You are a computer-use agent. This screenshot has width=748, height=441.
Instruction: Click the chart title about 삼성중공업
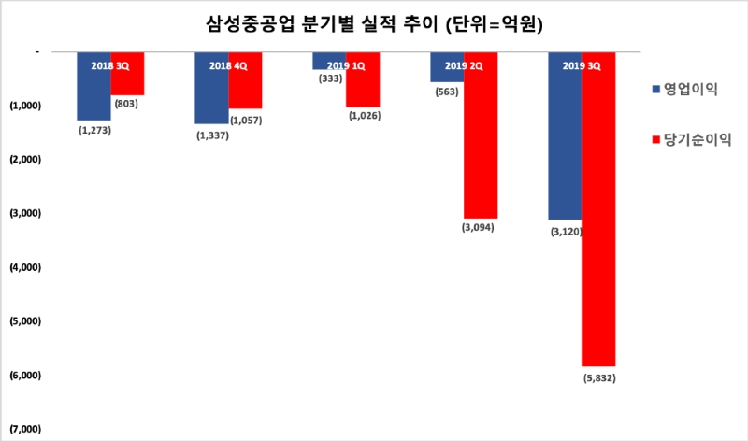pyautogui.click(x=373, y=25)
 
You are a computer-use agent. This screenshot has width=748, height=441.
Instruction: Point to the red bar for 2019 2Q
pyautogui.click(x=481, y=140)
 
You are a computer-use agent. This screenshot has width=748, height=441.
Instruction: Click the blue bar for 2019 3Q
pyautogui.click(x=565, y=140)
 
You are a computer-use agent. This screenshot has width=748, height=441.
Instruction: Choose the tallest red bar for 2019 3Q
pyautogui.click(x=598, y=215)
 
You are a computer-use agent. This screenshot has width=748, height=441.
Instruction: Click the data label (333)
pyautogui.click(x=329, y=78)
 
